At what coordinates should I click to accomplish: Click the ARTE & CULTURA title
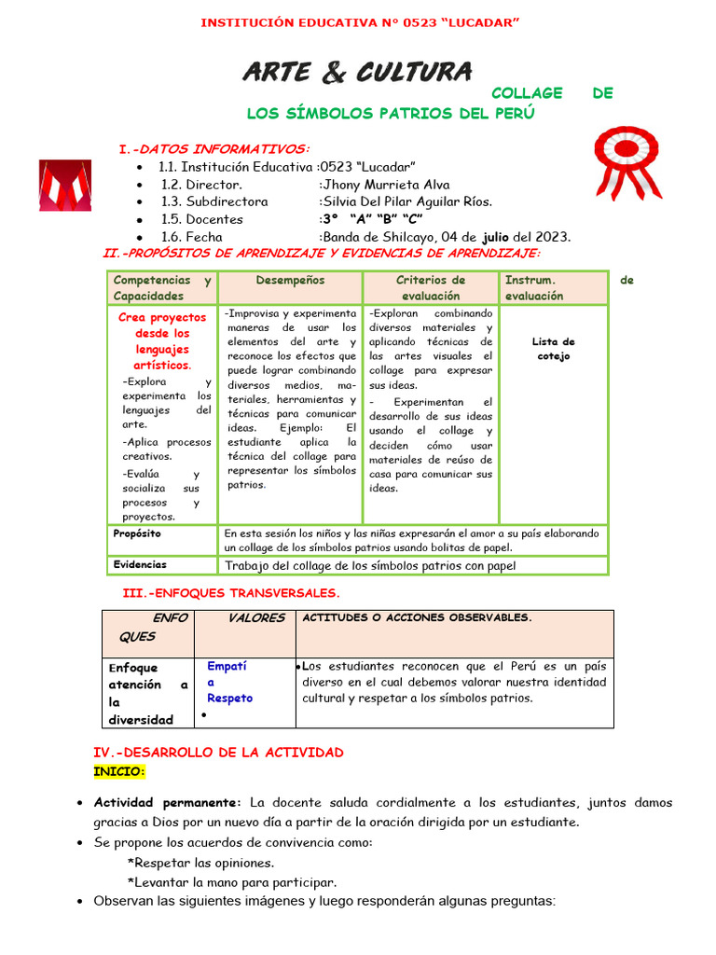tap(357, 71)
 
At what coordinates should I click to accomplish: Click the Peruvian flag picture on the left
tap(64, 185)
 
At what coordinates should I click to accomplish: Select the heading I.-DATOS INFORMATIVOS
tap(213, 149)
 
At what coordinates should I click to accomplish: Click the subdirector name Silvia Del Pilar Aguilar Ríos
tap(406, 201)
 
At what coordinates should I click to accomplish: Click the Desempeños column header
tap(290, 280)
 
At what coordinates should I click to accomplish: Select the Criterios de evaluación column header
tap(430, 287)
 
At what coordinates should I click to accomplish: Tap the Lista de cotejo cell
tap(553, 349)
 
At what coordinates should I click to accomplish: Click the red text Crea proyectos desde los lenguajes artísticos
tap(162, 341)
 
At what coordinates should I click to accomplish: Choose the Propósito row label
tap(137, 533)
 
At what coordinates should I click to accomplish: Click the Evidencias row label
tap(140, 564)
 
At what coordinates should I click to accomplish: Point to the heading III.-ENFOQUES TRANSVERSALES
tap(231, 593)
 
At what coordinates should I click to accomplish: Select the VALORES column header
tap(256, 618)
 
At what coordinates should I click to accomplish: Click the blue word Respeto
tap(229, 698)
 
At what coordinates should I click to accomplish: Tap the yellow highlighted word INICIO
tap(119, 771)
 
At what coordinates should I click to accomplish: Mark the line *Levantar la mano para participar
tap(231, 882)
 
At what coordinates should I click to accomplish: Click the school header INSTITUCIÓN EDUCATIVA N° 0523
tap(357, 23)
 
